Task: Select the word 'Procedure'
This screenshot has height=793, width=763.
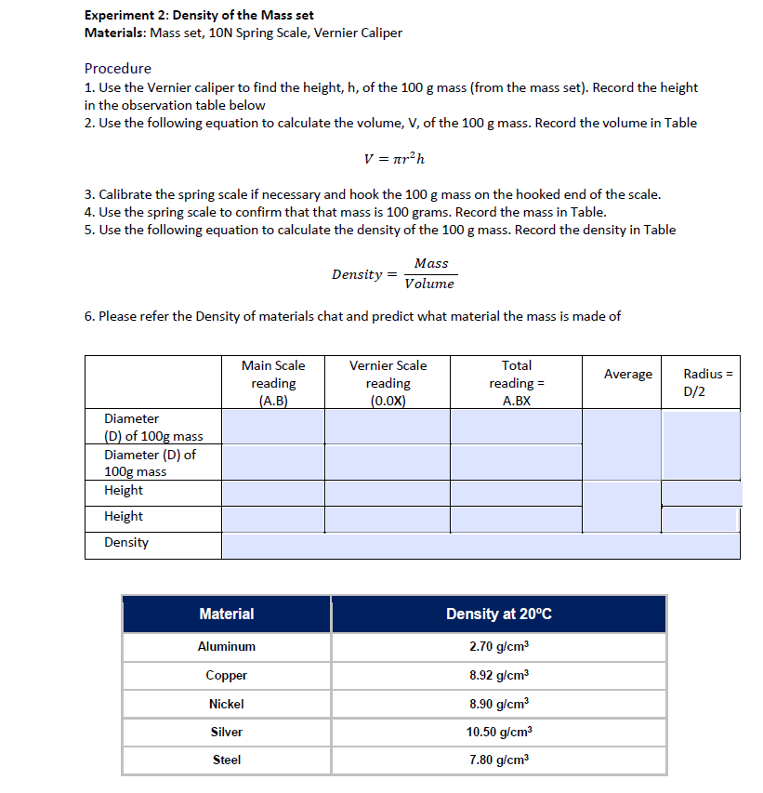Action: pyautogui.click(x=117, y=68)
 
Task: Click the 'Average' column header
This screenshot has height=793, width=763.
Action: pyautogui.click(x=628, y=374)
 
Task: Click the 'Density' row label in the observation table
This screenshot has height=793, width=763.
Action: pyautogui.click(x=126, y=542)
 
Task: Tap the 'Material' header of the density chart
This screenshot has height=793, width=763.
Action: pyautogui.click(x=227, y=614)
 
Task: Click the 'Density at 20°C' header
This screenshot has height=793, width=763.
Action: pyautogui.click(x=499, y=614)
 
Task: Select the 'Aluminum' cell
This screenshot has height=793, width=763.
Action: pyautogui.click(x=227, y=646)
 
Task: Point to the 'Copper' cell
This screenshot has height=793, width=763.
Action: pyautogui.click(x=227, y=675)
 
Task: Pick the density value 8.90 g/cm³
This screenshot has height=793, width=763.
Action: pyautogui.click(x=499, y=704)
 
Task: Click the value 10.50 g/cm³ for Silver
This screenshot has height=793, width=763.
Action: pyautogui.click(x=499, y=732)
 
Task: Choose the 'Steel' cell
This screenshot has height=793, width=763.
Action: pyautogui.click(x=227, y=760)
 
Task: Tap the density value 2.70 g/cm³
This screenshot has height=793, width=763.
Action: pyautogui.click(x=499, y=646)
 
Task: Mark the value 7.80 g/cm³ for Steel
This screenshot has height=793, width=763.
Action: pyautogui.click(x=499, y=760)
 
